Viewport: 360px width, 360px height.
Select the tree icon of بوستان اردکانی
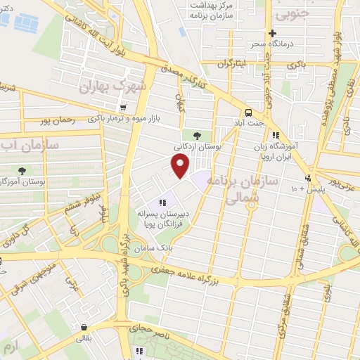(x=196, y=136)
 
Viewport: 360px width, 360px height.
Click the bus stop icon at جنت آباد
(x=248, y=112)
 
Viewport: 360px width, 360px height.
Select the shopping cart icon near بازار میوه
(x=124, y=108)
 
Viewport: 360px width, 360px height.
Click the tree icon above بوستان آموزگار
(x=22, y=171)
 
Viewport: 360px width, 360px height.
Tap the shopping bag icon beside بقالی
(x=85, y=327)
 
